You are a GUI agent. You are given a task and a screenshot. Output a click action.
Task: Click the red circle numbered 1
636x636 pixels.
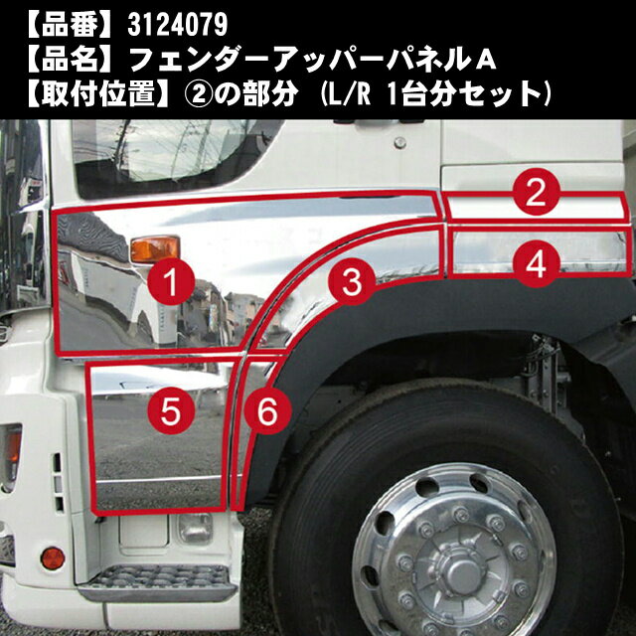coord(171,281)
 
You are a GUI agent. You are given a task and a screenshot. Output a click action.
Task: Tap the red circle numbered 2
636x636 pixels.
coord(537,192)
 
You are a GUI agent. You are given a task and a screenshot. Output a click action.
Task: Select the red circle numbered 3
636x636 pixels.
coord(352,281)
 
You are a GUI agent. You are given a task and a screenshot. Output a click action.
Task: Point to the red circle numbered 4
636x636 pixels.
coord(537,264)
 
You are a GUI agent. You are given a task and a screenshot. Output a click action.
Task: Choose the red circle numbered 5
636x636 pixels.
coord(171,410)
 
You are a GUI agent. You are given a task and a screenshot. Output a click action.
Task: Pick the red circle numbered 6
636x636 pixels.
coord(267,410)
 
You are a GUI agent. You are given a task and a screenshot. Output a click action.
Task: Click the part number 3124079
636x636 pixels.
coord(177,25)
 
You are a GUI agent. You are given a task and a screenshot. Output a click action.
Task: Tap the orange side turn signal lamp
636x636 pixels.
coord(155,248)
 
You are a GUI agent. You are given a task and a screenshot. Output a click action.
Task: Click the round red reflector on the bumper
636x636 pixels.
coord(53,558)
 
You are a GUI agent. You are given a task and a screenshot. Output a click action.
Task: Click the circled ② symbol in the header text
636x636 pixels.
coord(199,94)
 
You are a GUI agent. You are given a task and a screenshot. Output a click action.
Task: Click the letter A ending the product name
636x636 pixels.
coord(485,61)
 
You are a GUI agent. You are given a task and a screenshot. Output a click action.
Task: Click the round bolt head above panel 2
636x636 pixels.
coord(399,142)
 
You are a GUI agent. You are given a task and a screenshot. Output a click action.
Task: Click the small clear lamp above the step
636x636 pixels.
coord(195,529)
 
